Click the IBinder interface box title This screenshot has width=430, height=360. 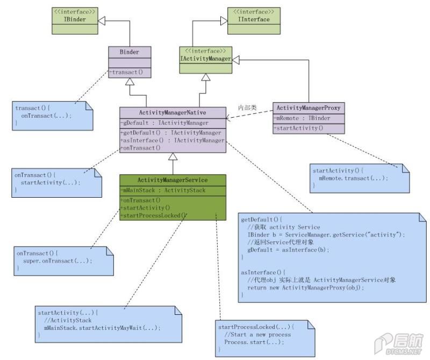[x=75, y=19]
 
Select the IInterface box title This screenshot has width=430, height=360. [x=254, y=19]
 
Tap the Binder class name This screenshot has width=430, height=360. [x=130, y=52]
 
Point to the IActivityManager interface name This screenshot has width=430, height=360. [x=205, y=59]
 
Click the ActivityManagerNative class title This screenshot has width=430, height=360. [x=173, y=112]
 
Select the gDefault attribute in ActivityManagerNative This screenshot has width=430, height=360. [x=164, y=123]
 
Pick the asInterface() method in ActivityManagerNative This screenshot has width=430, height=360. [x=173, y=140]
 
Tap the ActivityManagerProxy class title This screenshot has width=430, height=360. [x=309, y=108]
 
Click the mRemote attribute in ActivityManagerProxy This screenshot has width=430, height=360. [x=302, y=118]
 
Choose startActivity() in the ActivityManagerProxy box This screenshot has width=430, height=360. [x=298, y=128]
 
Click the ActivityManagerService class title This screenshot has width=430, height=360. [x=173, y=180]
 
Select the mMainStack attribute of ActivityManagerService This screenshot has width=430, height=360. [x=163, y=190]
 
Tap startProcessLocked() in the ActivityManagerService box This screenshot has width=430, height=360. [x=154, y=215]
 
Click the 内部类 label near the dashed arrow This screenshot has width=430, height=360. [x=247, y=107]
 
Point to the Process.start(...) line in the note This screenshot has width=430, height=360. [x=254, y=342]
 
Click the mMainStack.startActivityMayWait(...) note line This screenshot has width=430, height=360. [x=102, y=328]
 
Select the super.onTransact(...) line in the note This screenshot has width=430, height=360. [x=58, y=261]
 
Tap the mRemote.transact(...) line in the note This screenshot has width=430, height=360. [x=353, y=178]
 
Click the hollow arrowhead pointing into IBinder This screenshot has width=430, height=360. [x=102, y=21]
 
